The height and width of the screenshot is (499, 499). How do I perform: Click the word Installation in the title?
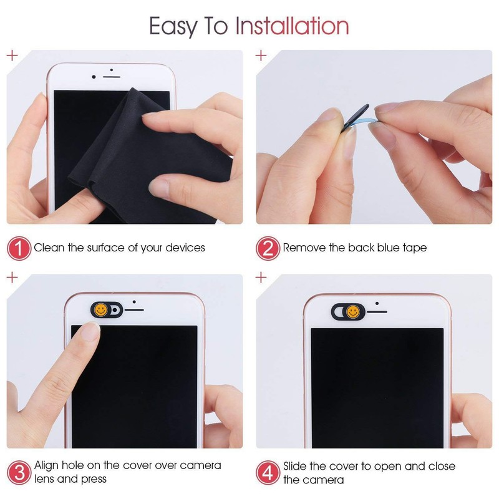pyautogui.click(x=291, y=26)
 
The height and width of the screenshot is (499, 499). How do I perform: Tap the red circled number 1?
pyautogui.click(x=19, y=248)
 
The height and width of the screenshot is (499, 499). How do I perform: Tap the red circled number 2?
pyautogui.click(x=268, y=248)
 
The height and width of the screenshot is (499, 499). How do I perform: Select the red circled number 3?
pyautogui.click(x=19, y=472)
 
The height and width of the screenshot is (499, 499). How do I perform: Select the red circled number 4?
pyautogui.click(x=268, y=472)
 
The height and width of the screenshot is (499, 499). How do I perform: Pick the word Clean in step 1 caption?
pyautogui.click(x=49, y=248)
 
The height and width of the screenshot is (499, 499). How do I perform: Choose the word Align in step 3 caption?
pyautogui.click(x=47, y=466)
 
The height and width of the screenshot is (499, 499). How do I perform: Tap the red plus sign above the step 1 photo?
pyautogui.click(x=11, y=55)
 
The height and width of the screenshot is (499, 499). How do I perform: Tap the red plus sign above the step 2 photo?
pyautogui.click(x=261, y=55)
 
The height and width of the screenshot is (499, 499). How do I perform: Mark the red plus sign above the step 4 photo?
pyautogui.click(x=261, y=278)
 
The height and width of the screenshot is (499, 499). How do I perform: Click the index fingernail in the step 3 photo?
pyautogui.click(x=91, y=334)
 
